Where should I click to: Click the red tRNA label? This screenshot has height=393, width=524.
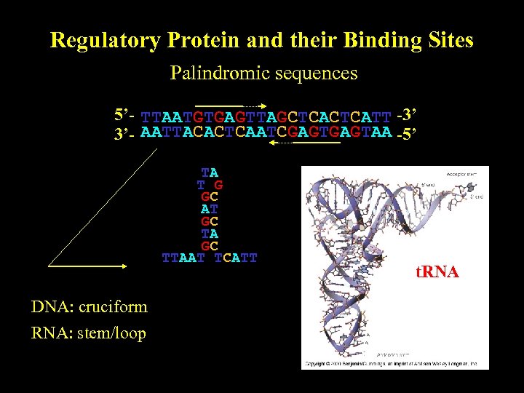[437, 272]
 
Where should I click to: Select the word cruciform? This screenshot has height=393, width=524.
[112, 306]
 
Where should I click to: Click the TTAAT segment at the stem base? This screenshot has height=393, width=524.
[181, 258]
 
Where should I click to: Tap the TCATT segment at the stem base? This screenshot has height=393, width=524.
[236, 258]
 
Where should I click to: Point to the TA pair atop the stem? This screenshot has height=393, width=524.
[210, 172]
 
